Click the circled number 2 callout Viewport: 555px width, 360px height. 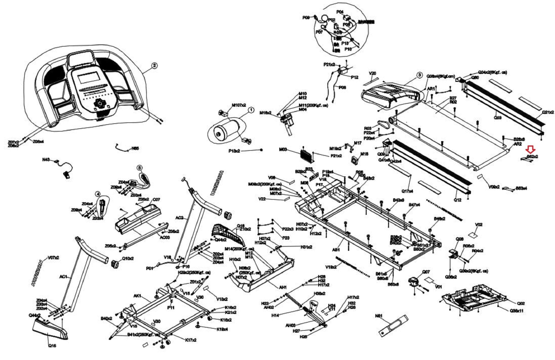coord(154,65)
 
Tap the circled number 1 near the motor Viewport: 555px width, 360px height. coord(251,110)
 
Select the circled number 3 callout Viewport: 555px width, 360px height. coord(419,75)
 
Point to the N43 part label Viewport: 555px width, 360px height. coord(46,160)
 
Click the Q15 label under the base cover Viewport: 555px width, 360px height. coord(52,346)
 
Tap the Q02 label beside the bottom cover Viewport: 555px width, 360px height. coord(521,303)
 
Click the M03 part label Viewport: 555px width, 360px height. coord(283,150)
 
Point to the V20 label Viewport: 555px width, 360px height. coord(373,73)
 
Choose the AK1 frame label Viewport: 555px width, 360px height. coord(137,296)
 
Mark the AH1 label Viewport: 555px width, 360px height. coord(283,287)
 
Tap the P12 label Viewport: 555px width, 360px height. coord(354,77)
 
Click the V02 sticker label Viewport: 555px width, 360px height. coord(479,225)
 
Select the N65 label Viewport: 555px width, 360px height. coord(135,148)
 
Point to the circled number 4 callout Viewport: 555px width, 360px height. coord(98,194)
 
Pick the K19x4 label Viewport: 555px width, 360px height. coord(222,329)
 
